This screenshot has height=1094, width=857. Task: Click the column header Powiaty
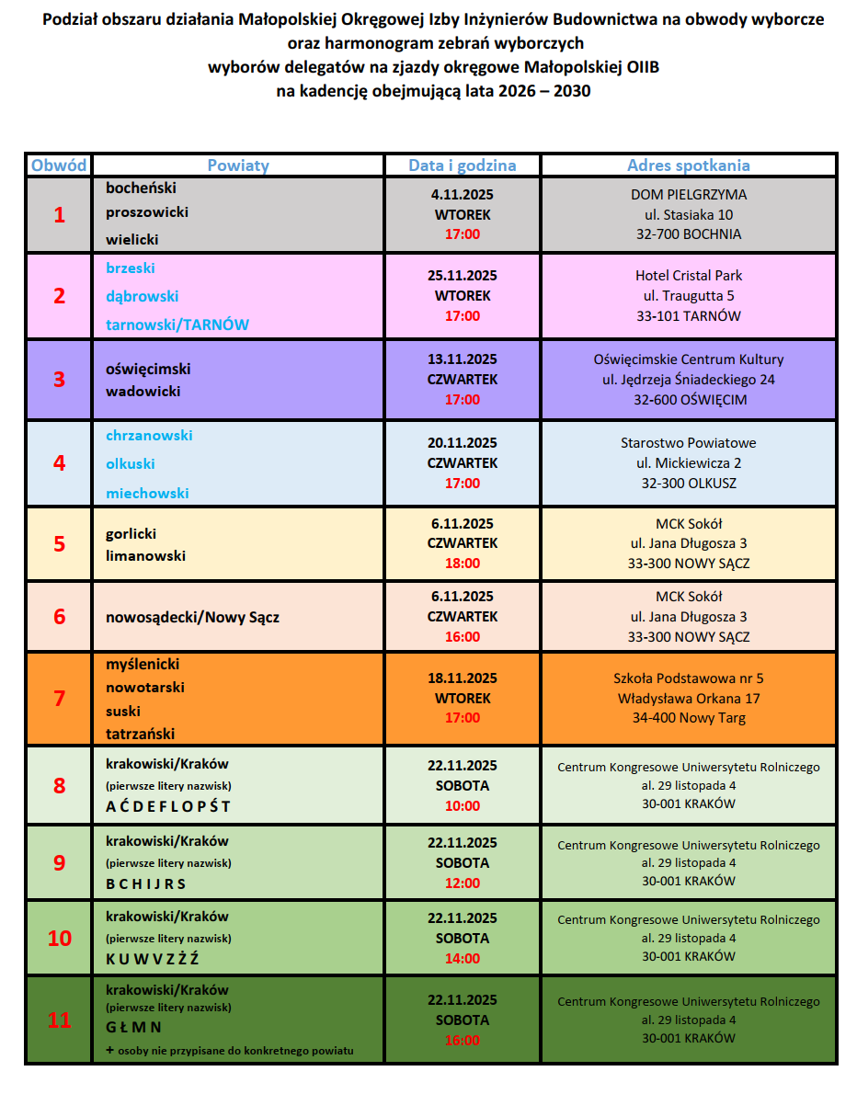click(x=238, y=165)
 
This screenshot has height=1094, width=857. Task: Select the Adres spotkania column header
click(x=688, y=165)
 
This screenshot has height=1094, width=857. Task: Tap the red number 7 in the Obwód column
click(x=60, y=699)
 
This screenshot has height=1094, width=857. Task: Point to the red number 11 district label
click(x=60, y=1020)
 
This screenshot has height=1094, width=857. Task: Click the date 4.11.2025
click(x=463, y=194)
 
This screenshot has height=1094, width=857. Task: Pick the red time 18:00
click(x=463, y=564)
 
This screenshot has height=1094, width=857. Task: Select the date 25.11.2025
click(x=463, y=275)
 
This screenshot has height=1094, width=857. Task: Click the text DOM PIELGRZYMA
click(x=689, y=194)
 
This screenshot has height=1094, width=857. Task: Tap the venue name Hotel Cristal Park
click(x=689, y=275)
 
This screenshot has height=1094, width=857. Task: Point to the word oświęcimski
click(x=148, y=369)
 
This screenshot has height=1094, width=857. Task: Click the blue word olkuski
click(x=131, y=464)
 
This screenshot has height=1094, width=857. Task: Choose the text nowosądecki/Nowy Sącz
click(x=192, y=617)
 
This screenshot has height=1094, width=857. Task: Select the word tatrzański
click(x=140, y=734)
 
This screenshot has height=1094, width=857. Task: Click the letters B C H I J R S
click(x=146, y=883)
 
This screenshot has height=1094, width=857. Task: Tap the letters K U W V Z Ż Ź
click(x=153, y=959)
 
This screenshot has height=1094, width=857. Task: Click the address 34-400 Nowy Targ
click(x=689, y=718)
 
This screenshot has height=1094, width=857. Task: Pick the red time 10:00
click(x=463, y=806)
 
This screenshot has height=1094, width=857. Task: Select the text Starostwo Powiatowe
click(x=689, y=442)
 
